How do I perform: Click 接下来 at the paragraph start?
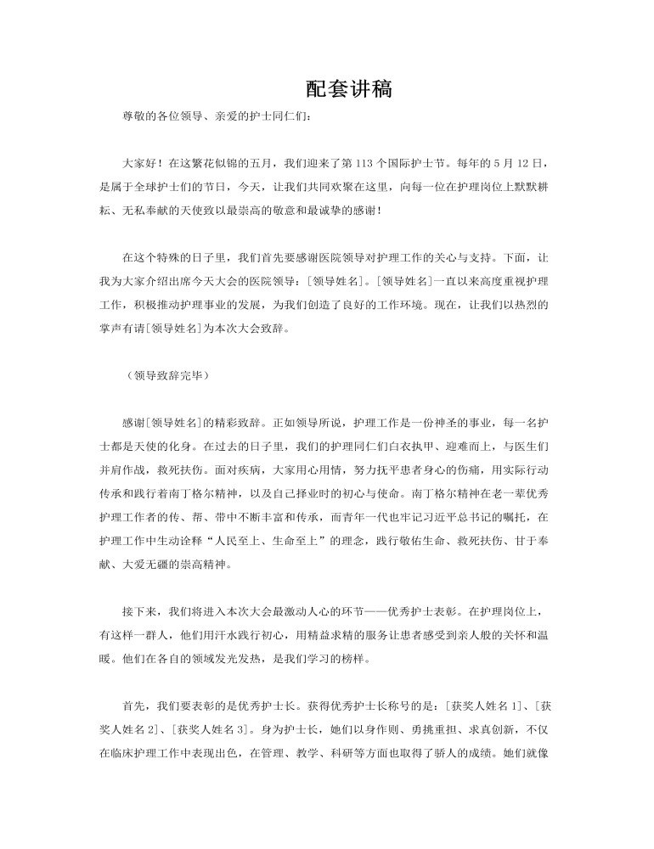(139, 610)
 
